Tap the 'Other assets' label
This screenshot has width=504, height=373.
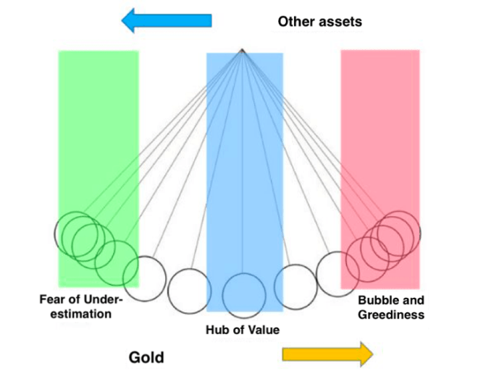point(319,22)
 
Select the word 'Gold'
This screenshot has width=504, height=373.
point(146,357)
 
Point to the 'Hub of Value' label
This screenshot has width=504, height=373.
point(243,330)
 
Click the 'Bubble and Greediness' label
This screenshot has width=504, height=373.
point(390,307)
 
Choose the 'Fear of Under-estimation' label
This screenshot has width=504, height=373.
point(82,307)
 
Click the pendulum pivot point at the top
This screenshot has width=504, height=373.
point(243,51)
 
